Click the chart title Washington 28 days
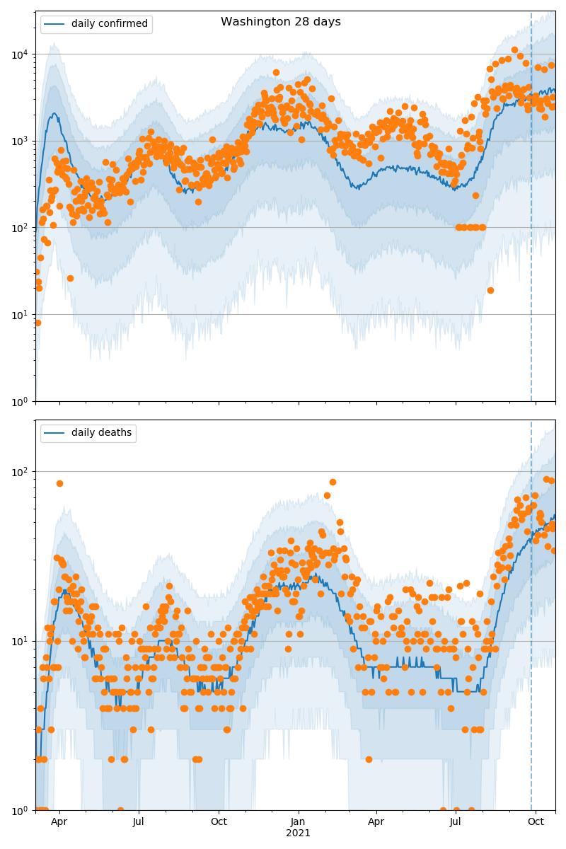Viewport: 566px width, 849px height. tap(281, 22)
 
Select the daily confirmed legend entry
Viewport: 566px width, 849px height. tap(109, 24)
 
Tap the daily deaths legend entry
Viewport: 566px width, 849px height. tap(101, 433)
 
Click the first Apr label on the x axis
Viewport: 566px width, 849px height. tap(59, 822)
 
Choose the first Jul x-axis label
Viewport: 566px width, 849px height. tap(139, 822)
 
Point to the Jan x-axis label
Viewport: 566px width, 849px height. tap(298, 822)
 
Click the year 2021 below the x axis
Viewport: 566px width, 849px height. tap(298, 833)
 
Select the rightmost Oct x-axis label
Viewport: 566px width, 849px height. tap(536, 822)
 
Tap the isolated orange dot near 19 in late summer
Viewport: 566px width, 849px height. tap(490, 290)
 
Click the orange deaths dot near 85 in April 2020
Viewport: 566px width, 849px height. tap(59, 483)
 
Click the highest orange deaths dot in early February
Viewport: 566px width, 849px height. tap(333, 482)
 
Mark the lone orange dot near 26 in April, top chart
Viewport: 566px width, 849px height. tap(70, 278)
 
